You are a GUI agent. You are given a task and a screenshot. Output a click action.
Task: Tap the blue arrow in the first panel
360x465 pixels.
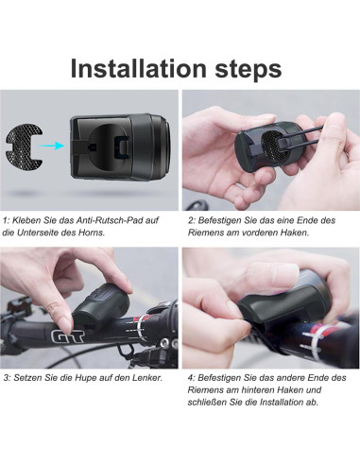[x=54, y=145]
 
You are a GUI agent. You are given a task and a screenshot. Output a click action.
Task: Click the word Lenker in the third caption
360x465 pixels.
[x=146, y=378]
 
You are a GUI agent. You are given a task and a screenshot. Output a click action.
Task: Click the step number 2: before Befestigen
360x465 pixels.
[x=192, y=220]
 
